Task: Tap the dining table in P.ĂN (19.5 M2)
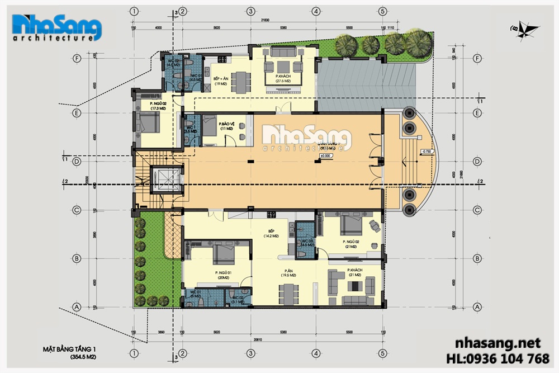(x=288, y=291)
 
